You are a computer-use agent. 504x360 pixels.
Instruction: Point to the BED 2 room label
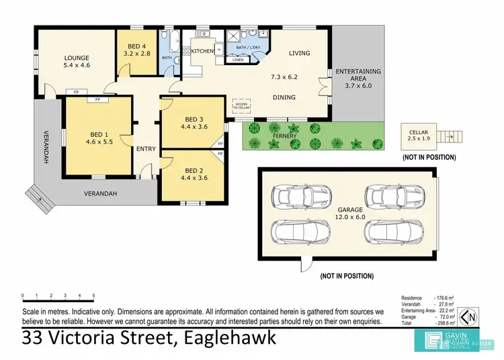194,170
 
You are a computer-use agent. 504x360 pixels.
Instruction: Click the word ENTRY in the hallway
146,149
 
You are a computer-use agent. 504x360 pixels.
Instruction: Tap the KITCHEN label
202,51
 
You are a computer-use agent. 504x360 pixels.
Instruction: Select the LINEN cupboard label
238,60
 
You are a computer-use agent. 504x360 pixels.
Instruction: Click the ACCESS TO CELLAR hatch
241,105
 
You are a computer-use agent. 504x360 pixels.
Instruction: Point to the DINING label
284,97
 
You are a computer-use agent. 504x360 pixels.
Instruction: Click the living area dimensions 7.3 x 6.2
284,77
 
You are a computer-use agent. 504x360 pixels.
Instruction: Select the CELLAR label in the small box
421,132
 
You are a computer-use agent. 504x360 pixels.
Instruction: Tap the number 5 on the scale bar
93,296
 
